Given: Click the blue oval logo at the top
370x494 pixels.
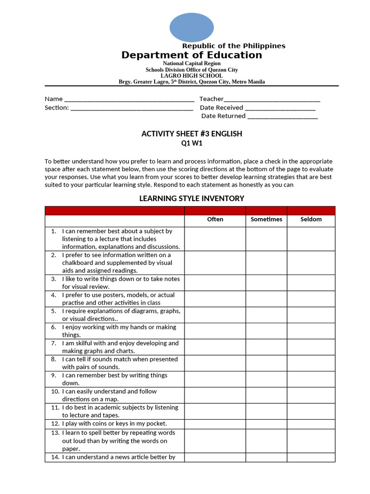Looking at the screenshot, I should pyautogui.click(x=192, y=27).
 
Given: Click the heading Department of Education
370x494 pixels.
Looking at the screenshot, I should pyautogui.click(x=192, y=55).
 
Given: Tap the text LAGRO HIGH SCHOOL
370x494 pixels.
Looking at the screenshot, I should pyautogui.click(x=192, y=76).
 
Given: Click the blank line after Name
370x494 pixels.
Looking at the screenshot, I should pyautogui.click(x=129, y=100).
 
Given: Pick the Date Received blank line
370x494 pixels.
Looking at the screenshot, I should pyautogui.click(x=280, y=109).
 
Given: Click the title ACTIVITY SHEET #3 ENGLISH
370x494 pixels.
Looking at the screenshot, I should pyautogui.click(x=192, y=134).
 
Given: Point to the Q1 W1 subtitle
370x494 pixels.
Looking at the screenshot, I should pyautogui.click(x=192, y=143).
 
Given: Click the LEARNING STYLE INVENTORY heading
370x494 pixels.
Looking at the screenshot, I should pyautogui.click(x=192, y=198).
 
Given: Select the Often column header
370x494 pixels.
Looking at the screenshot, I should pyautogui.click(x=215, y=220).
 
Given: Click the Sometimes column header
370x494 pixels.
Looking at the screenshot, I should pyautogui.click(x=266, y=220).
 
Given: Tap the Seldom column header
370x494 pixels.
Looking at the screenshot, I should pyautogui.click(x=311, y=220).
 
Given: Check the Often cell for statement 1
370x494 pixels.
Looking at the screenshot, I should pyautogui.click(x=215, y=239).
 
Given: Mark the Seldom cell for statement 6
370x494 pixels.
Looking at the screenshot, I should pyautogui.click(x=311, y=331).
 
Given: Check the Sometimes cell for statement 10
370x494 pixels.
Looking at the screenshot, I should pyautogui.click(x=266, y=395).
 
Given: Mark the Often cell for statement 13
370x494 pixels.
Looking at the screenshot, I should pyautogui.click(x=215, y=440).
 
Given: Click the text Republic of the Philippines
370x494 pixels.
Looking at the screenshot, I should pyautogui.click(x=234, y=46).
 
